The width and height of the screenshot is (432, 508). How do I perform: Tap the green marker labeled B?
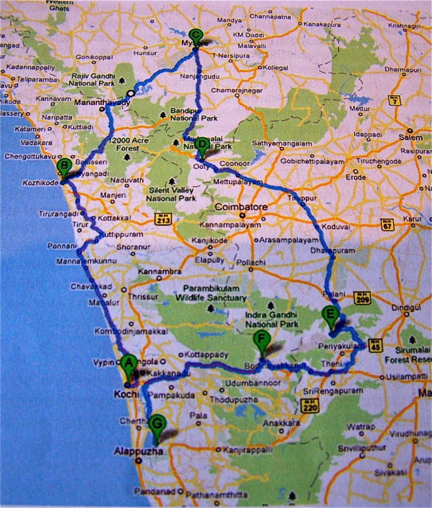[x=63, y=166]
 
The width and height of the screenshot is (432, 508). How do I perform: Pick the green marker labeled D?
[x=201, y=144]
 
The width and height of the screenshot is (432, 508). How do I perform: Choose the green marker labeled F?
[x=261, y=339]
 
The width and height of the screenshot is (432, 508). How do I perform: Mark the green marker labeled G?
[x=157, y=424]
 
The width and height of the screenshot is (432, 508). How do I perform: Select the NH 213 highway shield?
[x=162, y=217]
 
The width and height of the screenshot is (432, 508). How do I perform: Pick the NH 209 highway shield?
[x=363, y=297]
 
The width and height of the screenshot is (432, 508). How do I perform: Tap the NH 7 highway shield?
[x=393, y=99]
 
